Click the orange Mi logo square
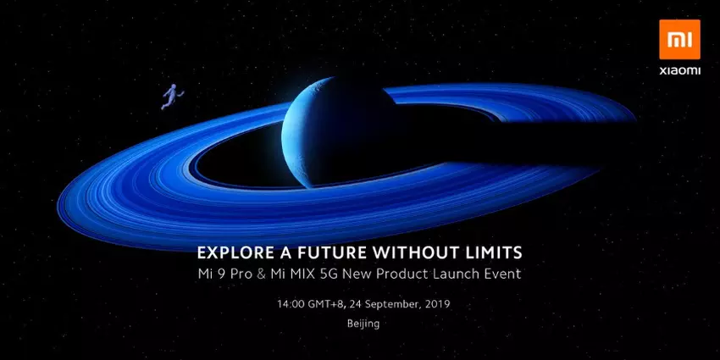coord(679,39)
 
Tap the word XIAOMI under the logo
coord(679,71)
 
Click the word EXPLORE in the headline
coord(230,252)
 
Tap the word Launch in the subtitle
coord(453,274)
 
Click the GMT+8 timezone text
coord(320,302)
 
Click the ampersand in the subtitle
coord(263,274)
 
